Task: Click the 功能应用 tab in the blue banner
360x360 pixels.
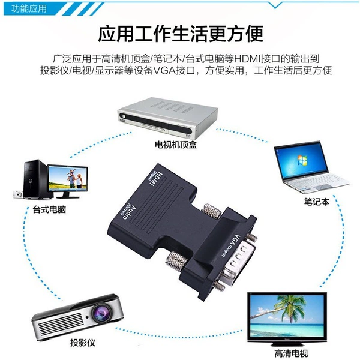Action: [x=29, y=9]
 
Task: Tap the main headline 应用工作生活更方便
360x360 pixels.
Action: [x=181, y=34]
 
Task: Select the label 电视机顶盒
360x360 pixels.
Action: [x=176, y=145]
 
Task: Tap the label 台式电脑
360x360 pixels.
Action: [x=49, y=209]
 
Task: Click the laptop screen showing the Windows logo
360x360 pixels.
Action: [x=301, y=160]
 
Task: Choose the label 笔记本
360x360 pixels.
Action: [x=317, y=202]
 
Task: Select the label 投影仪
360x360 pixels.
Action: [x=83, y=343]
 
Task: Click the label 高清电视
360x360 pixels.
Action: [x=291, y=353]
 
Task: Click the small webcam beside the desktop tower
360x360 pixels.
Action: [x=18, y=194]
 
